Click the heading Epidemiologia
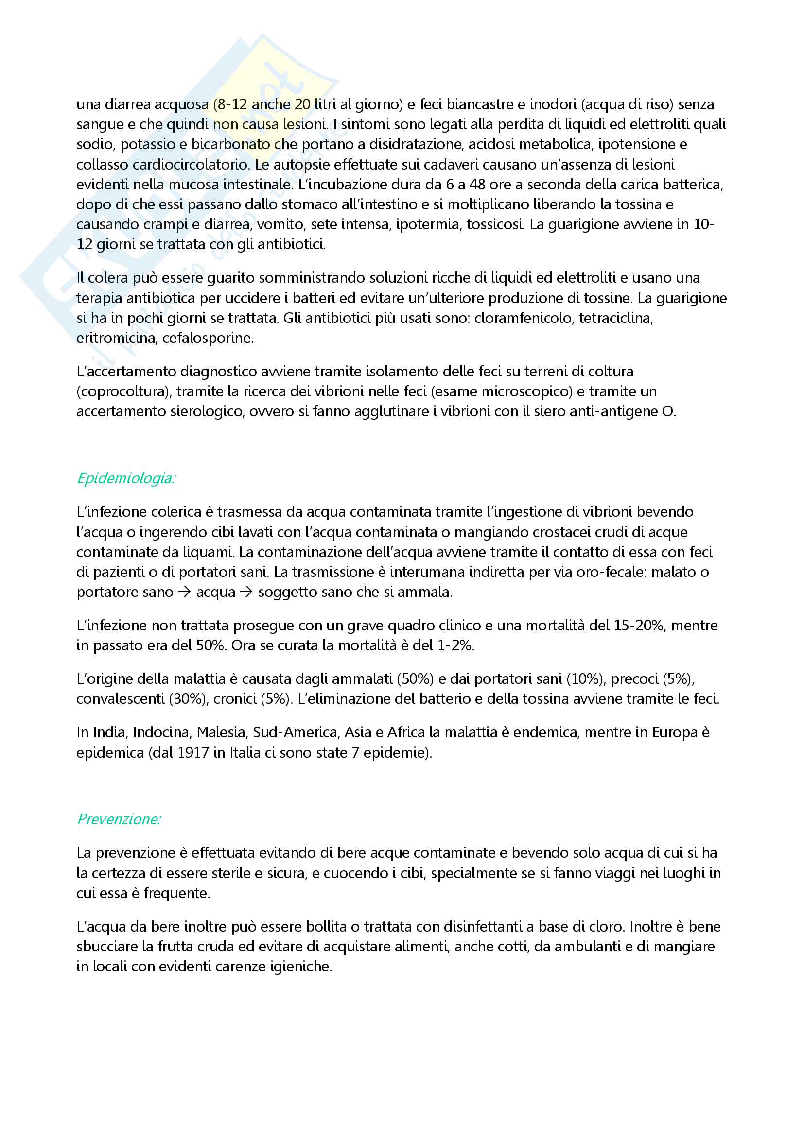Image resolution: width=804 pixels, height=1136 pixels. click(x=126, y=478)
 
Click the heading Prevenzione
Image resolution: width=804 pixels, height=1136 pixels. click(x=119, y=819)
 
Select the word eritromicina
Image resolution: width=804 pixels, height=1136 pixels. click(x=116, y=339)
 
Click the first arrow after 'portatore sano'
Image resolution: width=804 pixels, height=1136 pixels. click(x=184, y=592)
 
